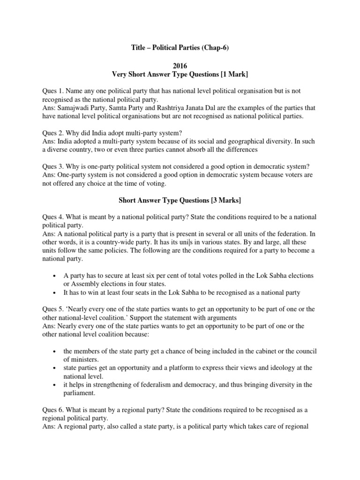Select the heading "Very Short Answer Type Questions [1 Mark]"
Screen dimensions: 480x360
(x=180, y=74)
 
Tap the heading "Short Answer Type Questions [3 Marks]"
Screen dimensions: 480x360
(x=180, y=201)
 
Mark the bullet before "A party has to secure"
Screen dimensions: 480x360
(x=55, y=276)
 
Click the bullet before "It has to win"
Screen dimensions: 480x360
(x=55, y=293)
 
